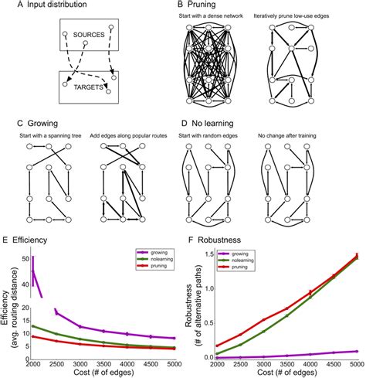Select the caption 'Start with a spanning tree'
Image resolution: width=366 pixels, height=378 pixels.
(x=49, y=137)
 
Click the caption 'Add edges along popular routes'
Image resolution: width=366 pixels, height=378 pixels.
(x=130, y=137)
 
